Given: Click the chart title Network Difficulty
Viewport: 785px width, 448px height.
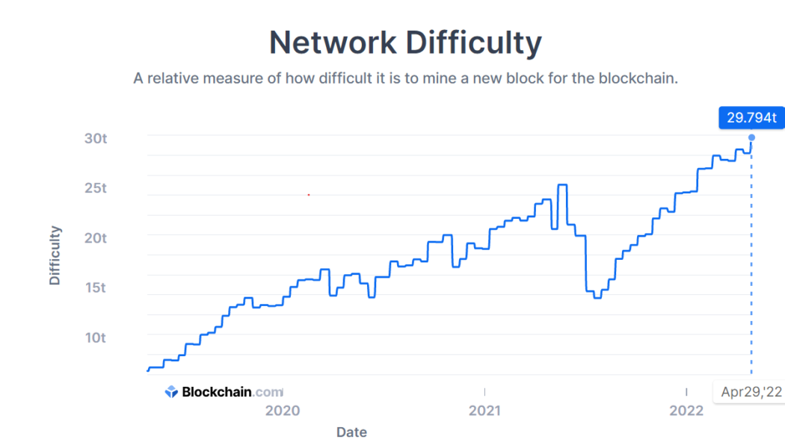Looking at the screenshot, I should [x=405, y=43].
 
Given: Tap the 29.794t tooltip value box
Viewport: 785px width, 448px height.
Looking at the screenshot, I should [x=751, y=118].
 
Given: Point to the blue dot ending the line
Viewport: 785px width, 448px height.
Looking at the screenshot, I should [x=751, y=137].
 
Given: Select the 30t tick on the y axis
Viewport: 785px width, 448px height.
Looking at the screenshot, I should [x=95, y=138].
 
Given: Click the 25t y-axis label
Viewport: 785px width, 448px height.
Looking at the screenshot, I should [x=95, y=188].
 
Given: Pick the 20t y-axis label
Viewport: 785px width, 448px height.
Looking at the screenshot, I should [x=95, y=238].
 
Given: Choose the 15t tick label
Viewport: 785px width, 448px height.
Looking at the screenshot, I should [x=95, y=287].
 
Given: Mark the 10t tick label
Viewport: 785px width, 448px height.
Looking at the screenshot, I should [x=95, y=337].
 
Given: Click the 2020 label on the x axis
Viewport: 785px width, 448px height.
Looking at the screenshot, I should [x=283, y=411].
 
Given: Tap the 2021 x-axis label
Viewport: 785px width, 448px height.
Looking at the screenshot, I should [x=484, y=411].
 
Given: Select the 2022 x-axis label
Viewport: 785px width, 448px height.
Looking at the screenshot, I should [x=686, y=411].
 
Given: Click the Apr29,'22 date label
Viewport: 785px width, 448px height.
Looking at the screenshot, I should [x=751, y=392].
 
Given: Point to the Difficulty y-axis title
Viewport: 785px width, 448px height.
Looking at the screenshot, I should [x=55, y=256].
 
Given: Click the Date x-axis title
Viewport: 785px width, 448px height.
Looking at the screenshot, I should [x=351, y=432].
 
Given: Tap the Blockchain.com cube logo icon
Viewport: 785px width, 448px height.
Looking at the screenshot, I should [x=171, y=391].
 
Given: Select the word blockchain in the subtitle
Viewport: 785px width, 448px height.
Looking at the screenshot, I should [x=637, y=78].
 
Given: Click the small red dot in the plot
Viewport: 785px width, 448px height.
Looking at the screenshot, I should [x=309, y=195].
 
